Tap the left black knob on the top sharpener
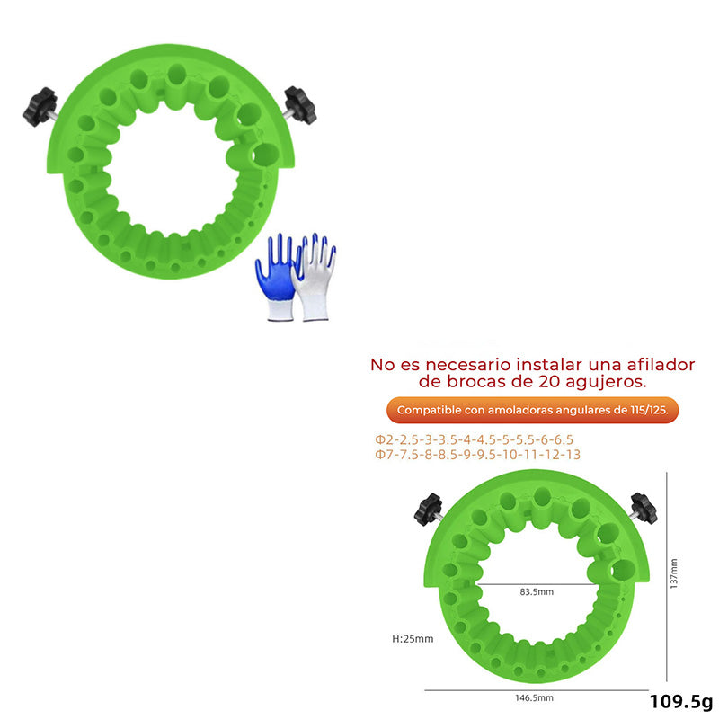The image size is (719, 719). pos(40,107)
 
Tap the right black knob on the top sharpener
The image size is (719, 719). pos(300,105)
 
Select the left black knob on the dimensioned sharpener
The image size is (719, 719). pos(429,510)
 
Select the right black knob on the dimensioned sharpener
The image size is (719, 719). pos(644,508)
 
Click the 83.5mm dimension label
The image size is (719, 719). pos(537,592)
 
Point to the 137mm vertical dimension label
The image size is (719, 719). pos(673,573)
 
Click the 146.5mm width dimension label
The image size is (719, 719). pos(534,698)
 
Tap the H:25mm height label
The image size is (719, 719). pos(413,639)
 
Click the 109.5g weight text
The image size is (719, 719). pos(681,702)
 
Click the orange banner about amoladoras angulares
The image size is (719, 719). pos(532,410)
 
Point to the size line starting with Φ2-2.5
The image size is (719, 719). pos(475,439)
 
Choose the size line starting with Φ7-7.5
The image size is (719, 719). pos(478,455)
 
